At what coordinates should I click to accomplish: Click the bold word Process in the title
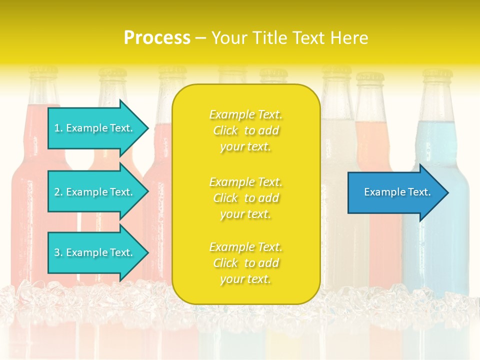(x=157, y=38)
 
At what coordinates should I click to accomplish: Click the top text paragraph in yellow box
(x=245, y=130)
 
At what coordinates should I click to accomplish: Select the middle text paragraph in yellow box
(x=245, y=198)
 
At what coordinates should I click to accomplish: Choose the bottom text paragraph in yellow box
(x=245, y=263)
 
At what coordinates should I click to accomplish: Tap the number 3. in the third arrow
(x=58, y=253)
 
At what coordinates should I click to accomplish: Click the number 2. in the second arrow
(x=58, y=192)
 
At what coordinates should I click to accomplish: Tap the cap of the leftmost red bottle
(x=43, y=73)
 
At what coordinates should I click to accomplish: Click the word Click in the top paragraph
(x=225, y=131)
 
